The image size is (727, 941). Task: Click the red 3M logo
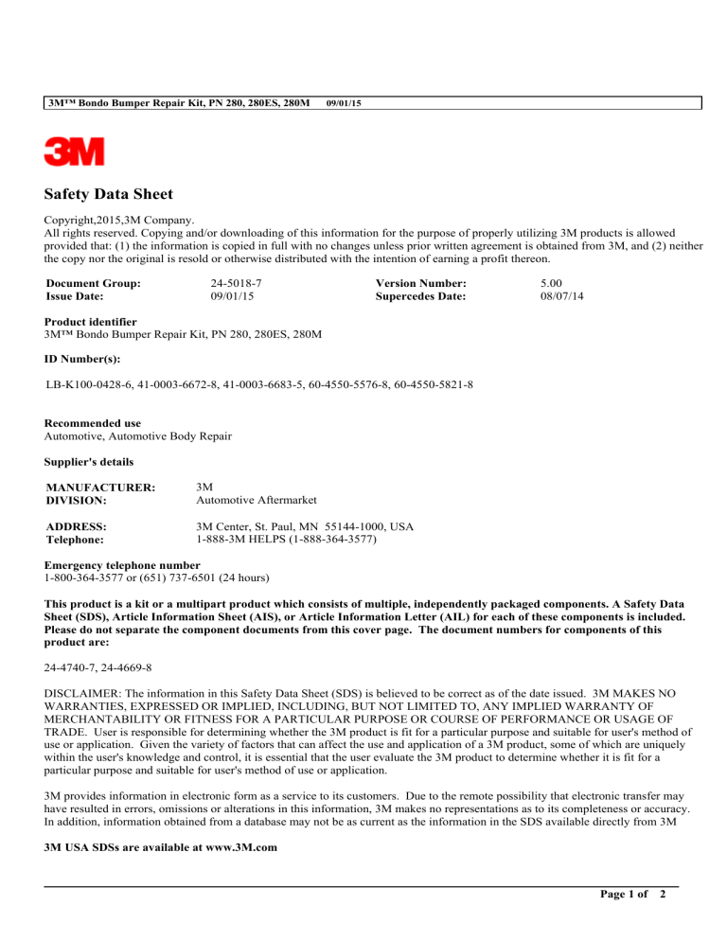point(75,151)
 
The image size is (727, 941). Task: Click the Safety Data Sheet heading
point(109,194)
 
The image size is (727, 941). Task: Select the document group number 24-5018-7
point(236,283)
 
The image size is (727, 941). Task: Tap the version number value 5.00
point(549,283)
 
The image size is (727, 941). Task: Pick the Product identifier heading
point(91,323)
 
